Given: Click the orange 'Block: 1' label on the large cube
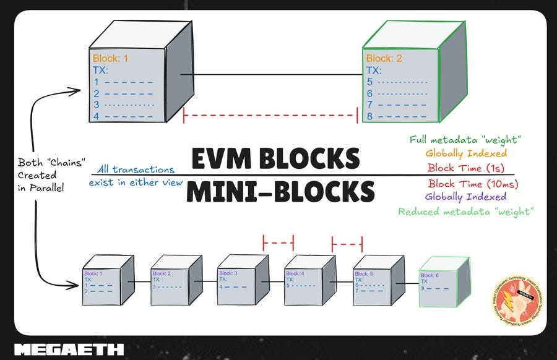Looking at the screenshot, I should (x=110, y=59).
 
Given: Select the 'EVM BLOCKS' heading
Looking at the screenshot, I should (x=275, y=159).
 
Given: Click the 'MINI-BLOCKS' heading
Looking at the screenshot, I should (x=280, y=192).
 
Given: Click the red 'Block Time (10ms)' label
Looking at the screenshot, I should (x=473, y=183).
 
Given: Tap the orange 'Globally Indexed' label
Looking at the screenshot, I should (x=465, y=153).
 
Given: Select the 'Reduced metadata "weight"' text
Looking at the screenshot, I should (x=465, y=212).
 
